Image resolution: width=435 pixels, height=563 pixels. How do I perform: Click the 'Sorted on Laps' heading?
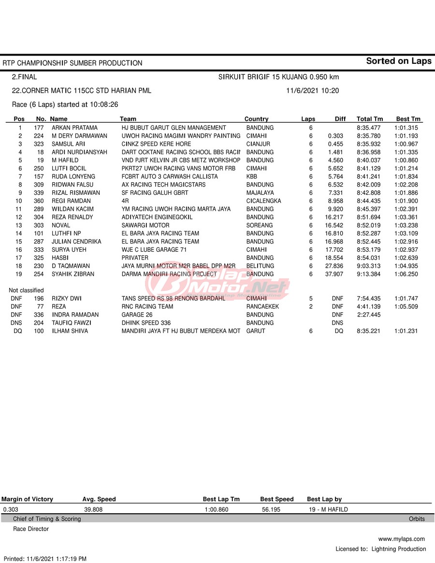[398, 61]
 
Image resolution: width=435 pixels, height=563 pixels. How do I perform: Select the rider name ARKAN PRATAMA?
[74, 128]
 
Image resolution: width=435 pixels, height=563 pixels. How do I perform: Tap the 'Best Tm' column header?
[408, 119]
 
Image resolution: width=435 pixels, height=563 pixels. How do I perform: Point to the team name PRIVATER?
[135, 258]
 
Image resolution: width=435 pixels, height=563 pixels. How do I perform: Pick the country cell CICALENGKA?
[263, 201]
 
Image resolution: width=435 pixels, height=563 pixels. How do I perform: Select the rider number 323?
[39, 144]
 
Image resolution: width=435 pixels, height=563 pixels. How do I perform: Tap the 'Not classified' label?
[26, 290]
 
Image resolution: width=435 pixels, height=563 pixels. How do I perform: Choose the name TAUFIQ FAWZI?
[72, 323]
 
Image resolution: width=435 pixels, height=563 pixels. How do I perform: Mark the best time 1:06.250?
[406, 274]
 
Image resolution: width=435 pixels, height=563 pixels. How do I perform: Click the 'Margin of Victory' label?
[27, 499]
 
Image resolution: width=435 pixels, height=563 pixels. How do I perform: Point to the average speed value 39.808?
[93, 509]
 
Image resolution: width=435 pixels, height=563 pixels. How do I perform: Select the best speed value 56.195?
[271, 509]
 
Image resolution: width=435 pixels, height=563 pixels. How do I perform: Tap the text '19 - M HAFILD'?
[328, 509]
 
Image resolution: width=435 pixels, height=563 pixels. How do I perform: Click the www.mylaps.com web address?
[401, 539]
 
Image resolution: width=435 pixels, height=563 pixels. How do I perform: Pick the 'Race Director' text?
[31, 529]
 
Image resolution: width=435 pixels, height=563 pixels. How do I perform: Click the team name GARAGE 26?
[137, 315]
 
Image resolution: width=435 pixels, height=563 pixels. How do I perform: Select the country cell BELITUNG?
[260, 266]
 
